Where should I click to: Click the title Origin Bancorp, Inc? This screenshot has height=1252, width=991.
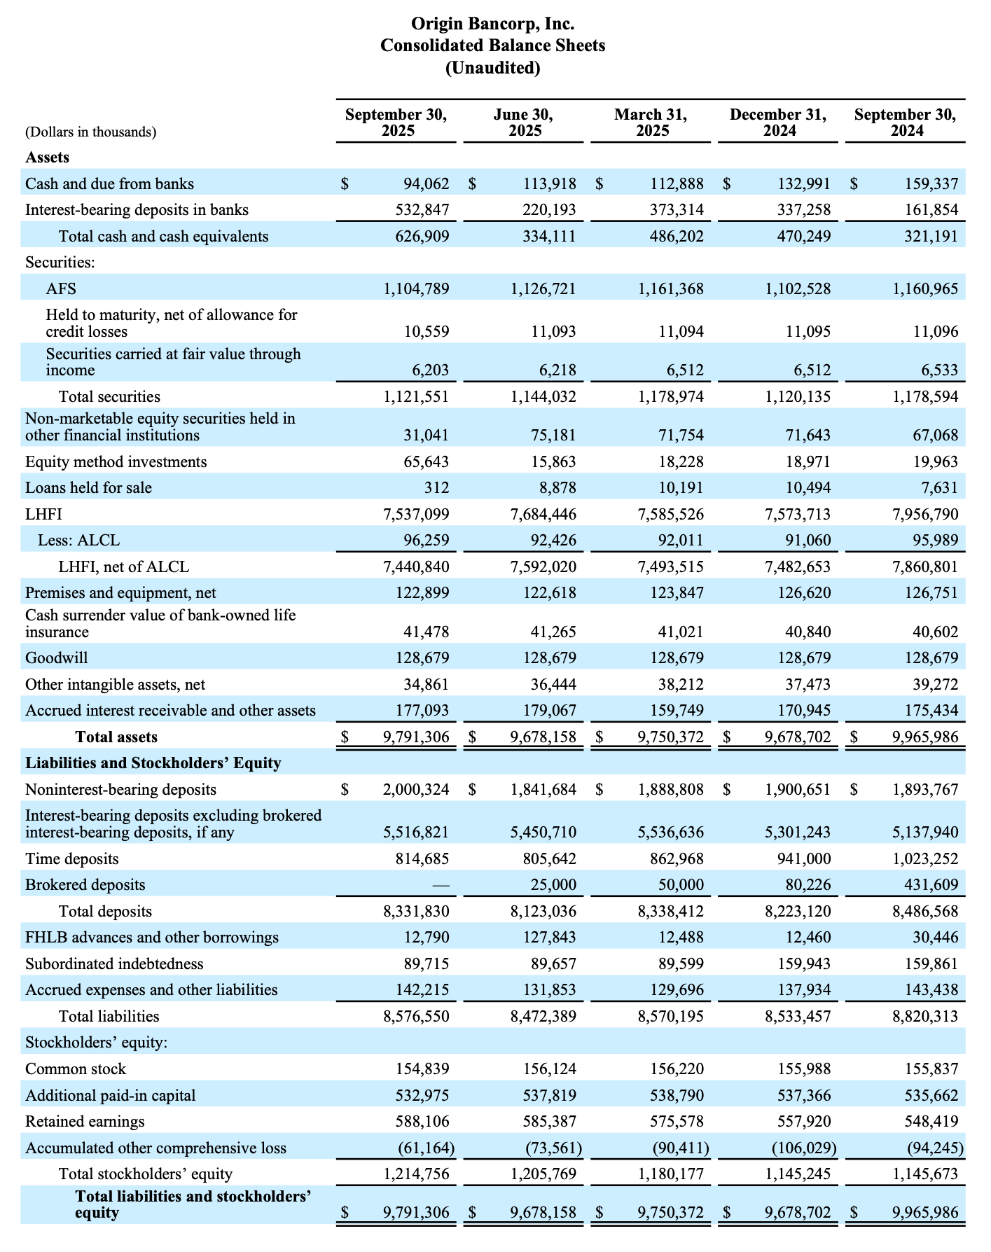[492, 24]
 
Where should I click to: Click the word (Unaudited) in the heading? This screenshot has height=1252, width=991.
[492, 68]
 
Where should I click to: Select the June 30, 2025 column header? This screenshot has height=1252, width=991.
[523, 122]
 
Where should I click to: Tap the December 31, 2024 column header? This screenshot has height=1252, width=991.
[777, 122]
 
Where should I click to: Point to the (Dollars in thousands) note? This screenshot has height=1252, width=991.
[91, 132]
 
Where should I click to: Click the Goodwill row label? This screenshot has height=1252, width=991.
[57, 658]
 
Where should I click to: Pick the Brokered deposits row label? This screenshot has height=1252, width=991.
[85, 884]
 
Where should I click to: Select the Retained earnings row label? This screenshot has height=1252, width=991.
[85, 1121]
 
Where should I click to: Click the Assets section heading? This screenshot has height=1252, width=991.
[47, 158]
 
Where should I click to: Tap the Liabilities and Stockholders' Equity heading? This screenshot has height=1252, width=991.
[153, 763]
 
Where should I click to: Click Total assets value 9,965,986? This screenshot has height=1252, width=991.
[925, 737]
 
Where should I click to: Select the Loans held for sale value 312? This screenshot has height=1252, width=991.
[436, 487]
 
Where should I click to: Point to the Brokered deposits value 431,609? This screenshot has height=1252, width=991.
[931, 884]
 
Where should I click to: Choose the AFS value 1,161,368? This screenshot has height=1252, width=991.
[670, 288]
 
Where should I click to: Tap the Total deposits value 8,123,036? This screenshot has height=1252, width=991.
[543, 911]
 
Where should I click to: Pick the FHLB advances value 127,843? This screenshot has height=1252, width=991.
[550, 937]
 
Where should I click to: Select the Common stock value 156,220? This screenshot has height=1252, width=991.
[677, 1069]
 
